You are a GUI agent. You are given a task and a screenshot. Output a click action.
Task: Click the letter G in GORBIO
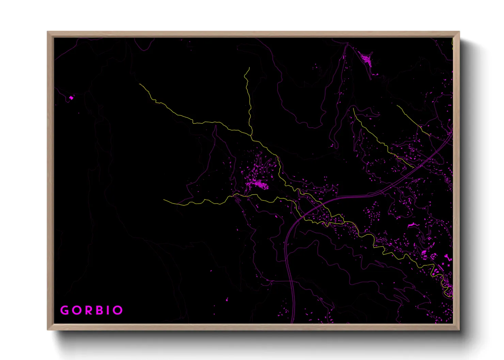click(x=64, y=310)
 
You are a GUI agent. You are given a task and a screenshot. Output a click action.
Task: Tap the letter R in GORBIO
click(x=89, y=310)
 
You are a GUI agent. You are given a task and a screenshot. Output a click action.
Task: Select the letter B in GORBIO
click(x=100, y=310)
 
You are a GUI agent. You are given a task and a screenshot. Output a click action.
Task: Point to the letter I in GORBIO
click(x=109, y=310)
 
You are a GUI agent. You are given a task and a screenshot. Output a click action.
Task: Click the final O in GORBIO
click(x=118, y=310)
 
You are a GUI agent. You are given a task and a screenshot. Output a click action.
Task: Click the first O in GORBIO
click(x=77, y=310)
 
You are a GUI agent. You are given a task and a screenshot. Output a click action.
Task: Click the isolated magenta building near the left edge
click(x=71, y=98)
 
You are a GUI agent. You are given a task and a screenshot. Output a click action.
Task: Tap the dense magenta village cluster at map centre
click(x=259, y=184)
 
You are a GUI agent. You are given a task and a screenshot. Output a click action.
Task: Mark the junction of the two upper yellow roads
click(x=251, y=135)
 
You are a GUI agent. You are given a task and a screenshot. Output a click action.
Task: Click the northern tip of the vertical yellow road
click(x=249, y=68)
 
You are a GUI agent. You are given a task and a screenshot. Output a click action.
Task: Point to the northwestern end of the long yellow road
click(x=140, y=84)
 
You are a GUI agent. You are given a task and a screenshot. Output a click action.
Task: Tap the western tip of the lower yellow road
click(x=164, y=200)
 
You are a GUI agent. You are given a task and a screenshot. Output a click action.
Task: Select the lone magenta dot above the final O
click(x=227, y=300)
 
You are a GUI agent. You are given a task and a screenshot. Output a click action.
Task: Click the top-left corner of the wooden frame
click(x=48, y=32)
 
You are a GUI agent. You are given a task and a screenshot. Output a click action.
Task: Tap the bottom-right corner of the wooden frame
click(x=459, y=330)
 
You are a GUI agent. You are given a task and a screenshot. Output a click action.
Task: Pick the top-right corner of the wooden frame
click(x=459, y=32)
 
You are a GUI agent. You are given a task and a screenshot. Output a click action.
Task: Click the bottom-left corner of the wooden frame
click(x=48, y=330)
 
